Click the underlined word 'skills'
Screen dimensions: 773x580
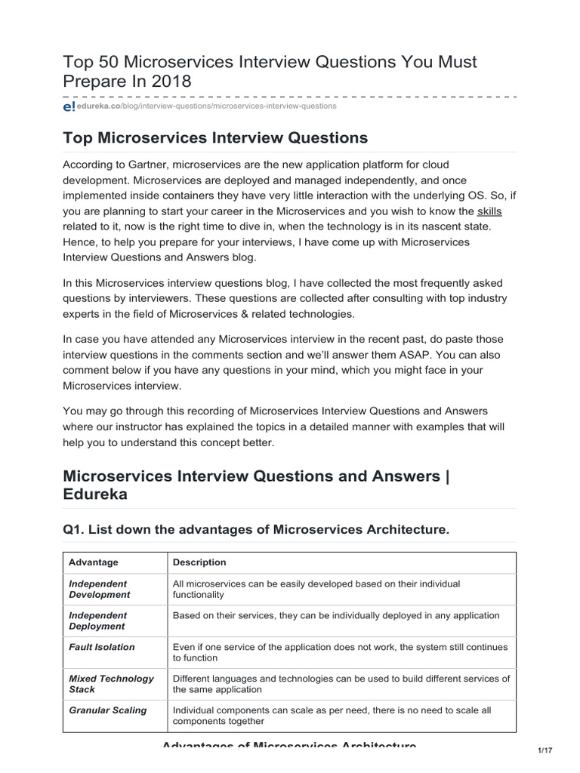(x=489, y=211)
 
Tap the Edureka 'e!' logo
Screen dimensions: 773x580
(x=69, y=107)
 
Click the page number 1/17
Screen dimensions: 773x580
(x=546, y=750)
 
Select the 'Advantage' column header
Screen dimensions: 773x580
(x=94, y=562)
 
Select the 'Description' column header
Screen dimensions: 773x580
(x=199, y=562)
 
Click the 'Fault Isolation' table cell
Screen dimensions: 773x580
(x=102, y=647)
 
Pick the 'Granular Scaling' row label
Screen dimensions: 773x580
(x=108, y=710)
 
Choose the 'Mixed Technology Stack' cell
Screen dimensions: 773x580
(x=111, y=684)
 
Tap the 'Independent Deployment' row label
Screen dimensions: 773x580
(x=99, y=621)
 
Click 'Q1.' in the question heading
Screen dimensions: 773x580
(x=73, y=531)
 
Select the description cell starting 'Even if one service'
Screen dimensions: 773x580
(x=340, y=652)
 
